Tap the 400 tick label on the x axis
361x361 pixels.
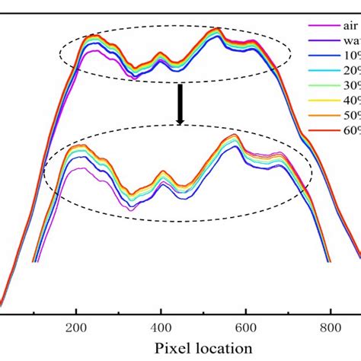(x=160, y=326)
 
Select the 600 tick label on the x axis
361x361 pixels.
(x=245, y=326)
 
